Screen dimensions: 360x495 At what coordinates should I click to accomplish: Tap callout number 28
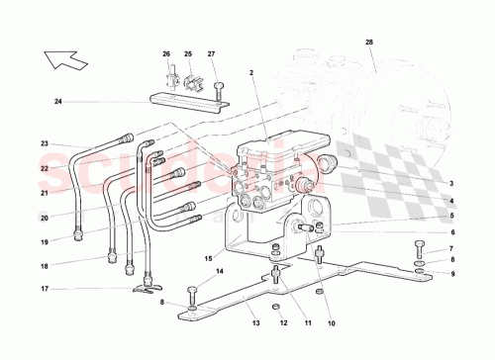pyautogui.click(x=369, y=42)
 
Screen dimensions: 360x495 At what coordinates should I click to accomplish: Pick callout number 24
pyautogui.click(x=58, y=101)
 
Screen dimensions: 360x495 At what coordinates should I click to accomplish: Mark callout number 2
pyautogui.click(x=252, y=72)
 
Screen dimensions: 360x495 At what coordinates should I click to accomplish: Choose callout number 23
pyautogui.click(x=44, y=144)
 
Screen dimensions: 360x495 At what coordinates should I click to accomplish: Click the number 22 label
pyautogui.click(x=44, y=168)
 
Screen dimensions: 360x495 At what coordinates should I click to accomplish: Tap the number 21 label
pyautogui.click(x=44, y=192)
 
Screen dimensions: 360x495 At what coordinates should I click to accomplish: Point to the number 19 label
pyautogui.click(x=44, y=241)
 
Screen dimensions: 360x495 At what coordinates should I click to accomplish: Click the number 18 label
pyautogui.click(x=44, y=266)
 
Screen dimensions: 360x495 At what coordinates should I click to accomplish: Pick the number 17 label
pyautogui.click(x=44, y=289)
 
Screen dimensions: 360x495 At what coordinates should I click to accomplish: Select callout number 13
pyautogui.click(x=254, y=322)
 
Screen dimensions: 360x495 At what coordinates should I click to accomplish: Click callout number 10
pyautogui.click(x=332, y=322)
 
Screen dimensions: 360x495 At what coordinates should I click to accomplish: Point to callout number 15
pyautogui.click(x=208, y=260)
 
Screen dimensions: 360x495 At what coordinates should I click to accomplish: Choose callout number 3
pyautogui.click(x=449, y=183)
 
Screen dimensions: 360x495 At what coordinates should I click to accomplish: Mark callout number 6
pyautogui.click(x=449, y=233)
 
